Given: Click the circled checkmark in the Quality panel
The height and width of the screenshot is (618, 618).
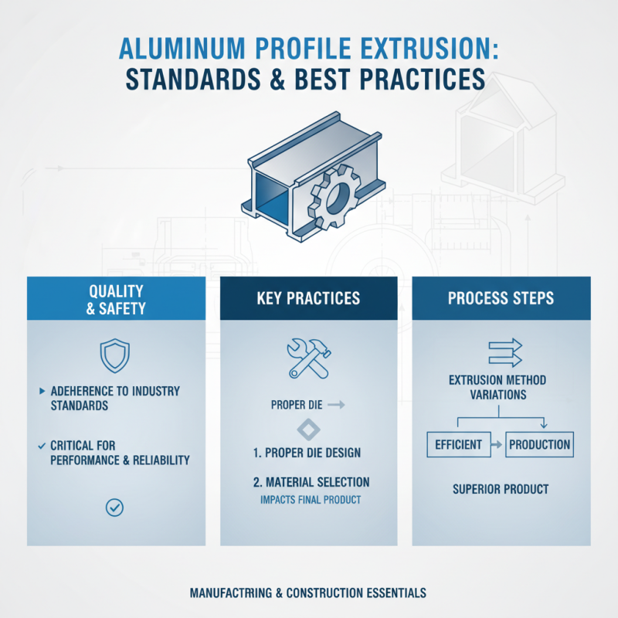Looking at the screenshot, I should (x=114, y=507).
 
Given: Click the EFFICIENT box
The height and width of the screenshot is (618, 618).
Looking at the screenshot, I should (x=459, y=444).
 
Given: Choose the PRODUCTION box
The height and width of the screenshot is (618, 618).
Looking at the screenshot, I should (x=539, y=444).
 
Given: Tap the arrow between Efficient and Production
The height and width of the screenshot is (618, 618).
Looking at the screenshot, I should (x=496, y=445).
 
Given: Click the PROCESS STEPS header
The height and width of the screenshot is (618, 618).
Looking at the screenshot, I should (x=501, y=299).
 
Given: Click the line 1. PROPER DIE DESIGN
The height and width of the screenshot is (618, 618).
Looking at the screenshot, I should (x=307, y=453).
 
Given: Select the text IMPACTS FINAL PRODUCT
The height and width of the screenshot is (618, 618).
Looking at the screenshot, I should (x=310, y=500).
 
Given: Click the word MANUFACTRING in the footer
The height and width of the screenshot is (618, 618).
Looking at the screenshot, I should (x=232, y=593).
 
